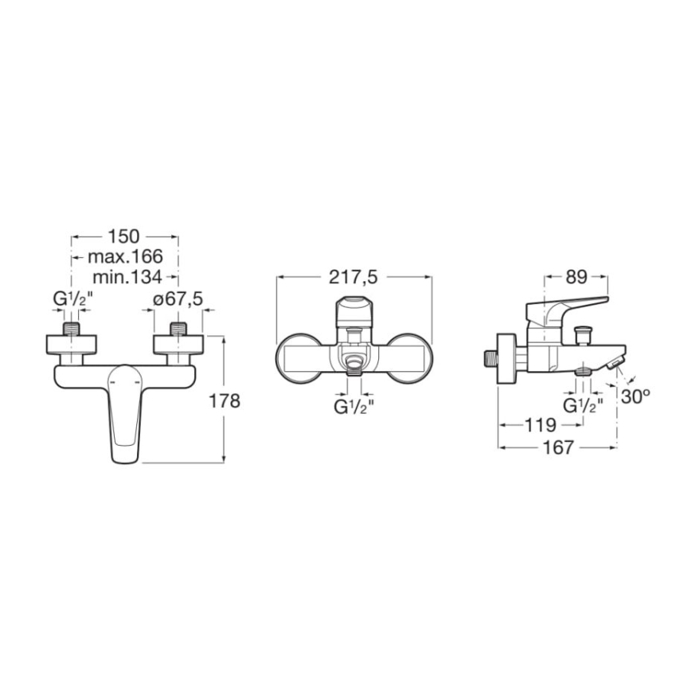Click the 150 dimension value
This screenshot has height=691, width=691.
tap(124, 236)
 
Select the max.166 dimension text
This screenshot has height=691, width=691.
tap(125, 256)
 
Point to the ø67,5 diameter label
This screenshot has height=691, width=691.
tap(178, 299)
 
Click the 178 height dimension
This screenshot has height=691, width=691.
tap(225, 401)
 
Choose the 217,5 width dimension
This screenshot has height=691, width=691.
tap(353, 277)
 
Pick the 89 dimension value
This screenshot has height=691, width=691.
tap(576, 277)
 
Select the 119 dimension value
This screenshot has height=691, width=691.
tap(541, 425)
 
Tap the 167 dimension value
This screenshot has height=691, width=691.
tap(559, 448)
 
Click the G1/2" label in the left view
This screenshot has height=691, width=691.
tap(73, 299)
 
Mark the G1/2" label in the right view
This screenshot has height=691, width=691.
tap(584, 404)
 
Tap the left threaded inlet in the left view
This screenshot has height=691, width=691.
tap(73, 328)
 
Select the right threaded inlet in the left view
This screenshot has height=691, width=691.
tap(178, 328)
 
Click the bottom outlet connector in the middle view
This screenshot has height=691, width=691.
tap(353, 367)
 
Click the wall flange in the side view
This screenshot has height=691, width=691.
tap(504, 357)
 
